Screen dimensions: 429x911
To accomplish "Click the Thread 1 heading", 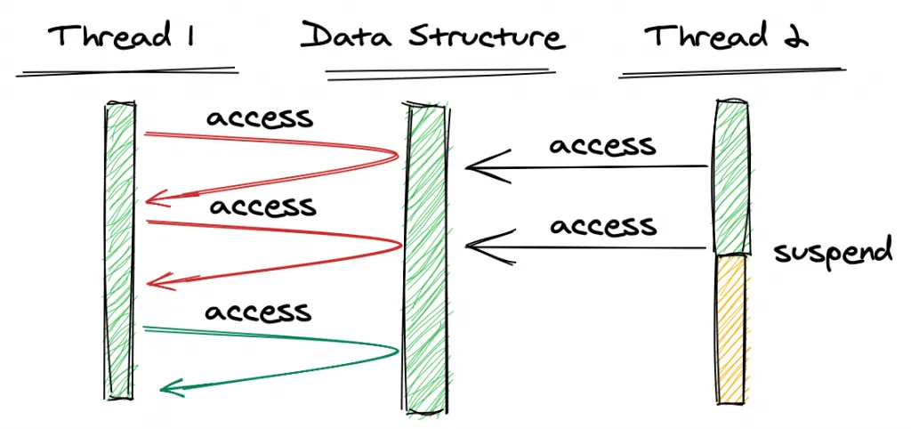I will point(123,37).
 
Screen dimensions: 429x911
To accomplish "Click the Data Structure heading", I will point(432,37).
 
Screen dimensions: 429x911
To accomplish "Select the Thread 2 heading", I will point(726,37).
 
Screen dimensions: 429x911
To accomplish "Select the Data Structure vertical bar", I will point(426,258).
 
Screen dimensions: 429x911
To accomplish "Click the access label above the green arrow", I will point(257,312).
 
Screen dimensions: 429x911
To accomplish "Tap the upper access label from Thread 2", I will point(602,144).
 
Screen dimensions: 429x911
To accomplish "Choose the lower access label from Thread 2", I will point(603,224).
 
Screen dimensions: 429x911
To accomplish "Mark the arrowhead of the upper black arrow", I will point(472,166).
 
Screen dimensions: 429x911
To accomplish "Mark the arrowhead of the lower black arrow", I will point(472,243).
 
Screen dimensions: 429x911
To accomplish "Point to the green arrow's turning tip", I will point(397,350).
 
